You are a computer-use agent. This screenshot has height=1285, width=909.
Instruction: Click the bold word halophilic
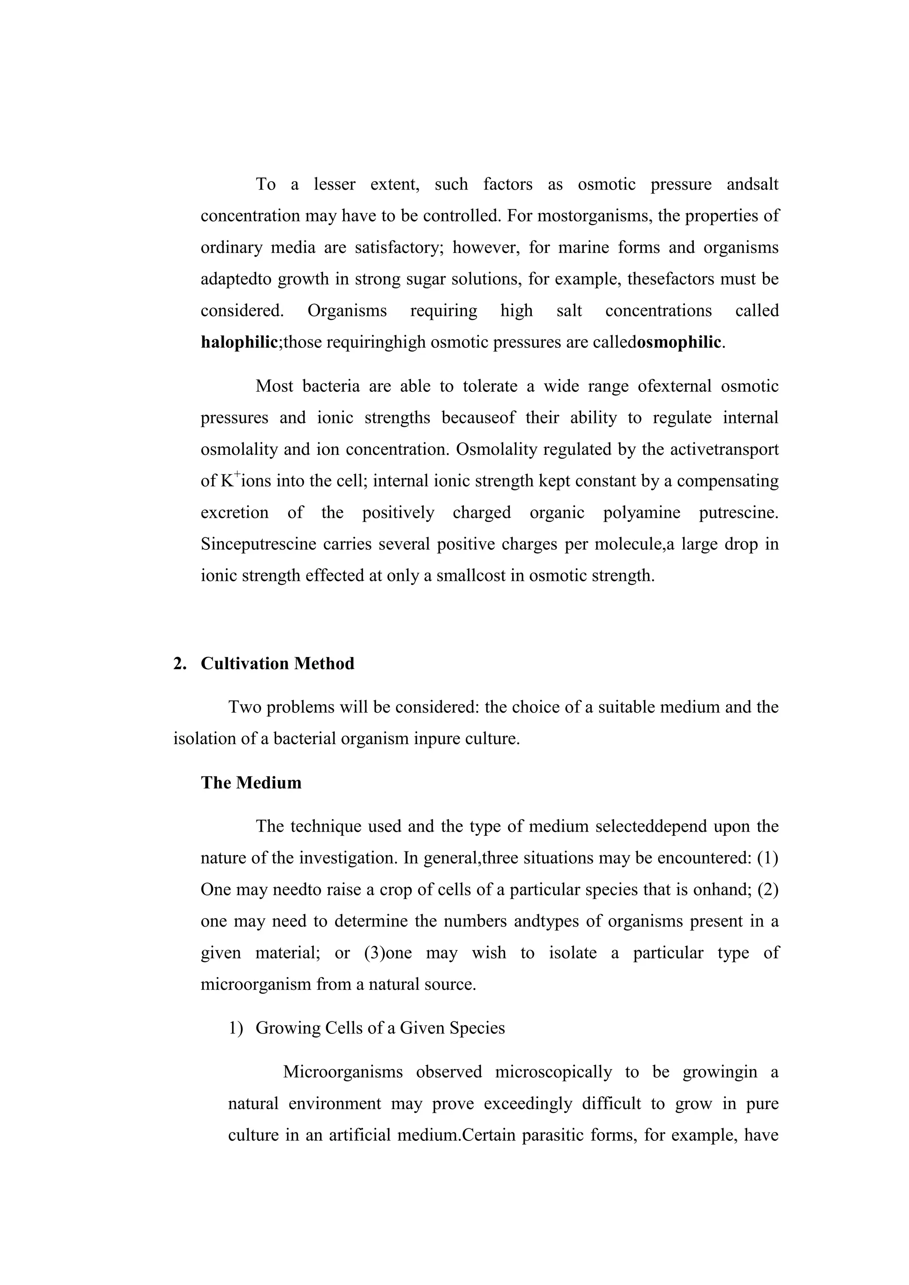[x=239, y=342]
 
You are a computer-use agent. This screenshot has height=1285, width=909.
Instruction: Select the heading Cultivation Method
[x=277, y=663]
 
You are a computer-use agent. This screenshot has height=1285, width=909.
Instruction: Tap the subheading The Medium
[x=251, y=782]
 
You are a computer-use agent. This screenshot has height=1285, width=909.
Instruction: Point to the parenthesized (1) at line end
[x=767, y=858]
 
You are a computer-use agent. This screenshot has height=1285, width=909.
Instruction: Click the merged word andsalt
[x=752, y=184]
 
